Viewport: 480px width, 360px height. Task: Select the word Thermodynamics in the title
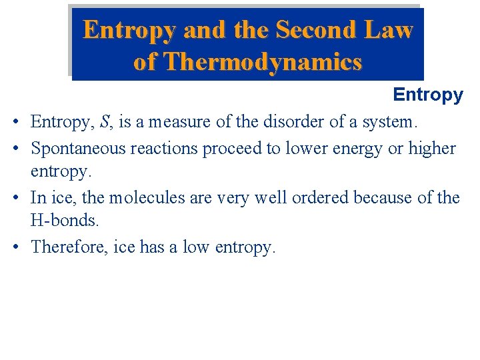[x=263, y=62]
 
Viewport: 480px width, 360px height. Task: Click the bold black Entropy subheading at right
[x=428, y=95]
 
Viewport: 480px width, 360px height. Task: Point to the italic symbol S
[x=105, y=123]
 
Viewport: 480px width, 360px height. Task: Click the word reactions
[x=164, y=148]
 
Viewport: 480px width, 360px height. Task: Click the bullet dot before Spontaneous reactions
[x=15, y=149]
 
